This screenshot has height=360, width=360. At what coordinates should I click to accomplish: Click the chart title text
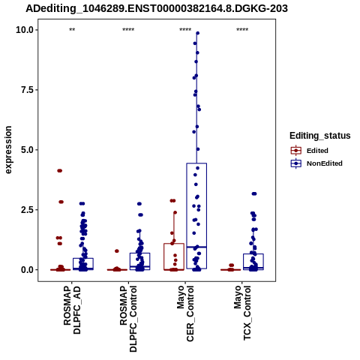click(x=157, y=9)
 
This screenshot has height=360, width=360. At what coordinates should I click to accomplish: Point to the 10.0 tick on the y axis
click(x=25, y=30)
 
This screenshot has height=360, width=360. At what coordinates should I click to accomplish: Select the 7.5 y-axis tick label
click(x=27, y=90)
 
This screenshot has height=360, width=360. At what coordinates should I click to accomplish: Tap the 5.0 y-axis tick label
click(x=27, y=150)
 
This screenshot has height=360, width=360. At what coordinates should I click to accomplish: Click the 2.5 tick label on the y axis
click(x=27, y=210)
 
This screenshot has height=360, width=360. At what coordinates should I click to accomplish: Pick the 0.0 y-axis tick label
click(x=27, y=270)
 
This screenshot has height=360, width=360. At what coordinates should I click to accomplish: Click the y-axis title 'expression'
click(x=8, y=150)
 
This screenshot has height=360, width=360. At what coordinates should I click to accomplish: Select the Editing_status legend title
click(x=320, y=136)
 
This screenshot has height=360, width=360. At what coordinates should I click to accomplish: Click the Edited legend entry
click(x=317, y=151)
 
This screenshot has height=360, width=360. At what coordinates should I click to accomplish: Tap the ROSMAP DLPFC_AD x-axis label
click(x=72, y=310)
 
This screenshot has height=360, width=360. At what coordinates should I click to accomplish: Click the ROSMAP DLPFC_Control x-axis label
click(x=129, y=319)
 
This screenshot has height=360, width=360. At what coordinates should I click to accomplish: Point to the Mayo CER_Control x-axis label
click(x=185, y=313)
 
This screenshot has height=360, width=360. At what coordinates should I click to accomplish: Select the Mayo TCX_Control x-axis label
click(x=242, y=313)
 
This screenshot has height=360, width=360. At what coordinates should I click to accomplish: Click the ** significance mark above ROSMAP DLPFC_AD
click(x=72, y=30)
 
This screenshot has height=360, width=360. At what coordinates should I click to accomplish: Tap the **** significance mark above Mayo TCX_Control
click(x=242, y=30)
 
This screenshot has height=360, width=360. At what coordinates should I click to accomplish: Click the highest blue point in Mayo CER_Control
click(x=197, y=33)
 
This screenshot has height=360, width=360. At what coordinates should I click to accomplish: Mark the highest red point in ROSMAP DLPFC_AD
click(x=59, y=171)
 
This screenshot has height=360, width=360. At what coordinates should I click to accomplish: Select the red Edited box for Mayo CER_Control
click(x=174, y=256)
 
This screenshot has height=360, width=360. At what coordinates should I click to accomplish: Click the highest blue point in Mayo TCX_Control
click(x=254, y=193)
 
